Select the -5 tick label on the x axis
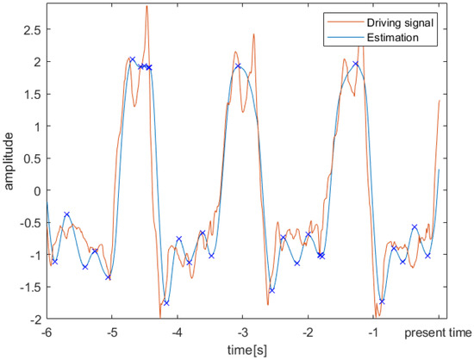[x=112, y=331]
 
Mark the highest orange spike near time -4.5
[x=147, y=7]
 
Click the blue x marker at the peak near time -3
[x=239, y=66]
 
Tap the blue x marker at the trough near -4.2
[x=166, y=302]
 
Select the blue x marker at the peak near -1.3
[x=355, y=65]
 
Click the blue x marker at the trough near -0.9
[x=382, y=301]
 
